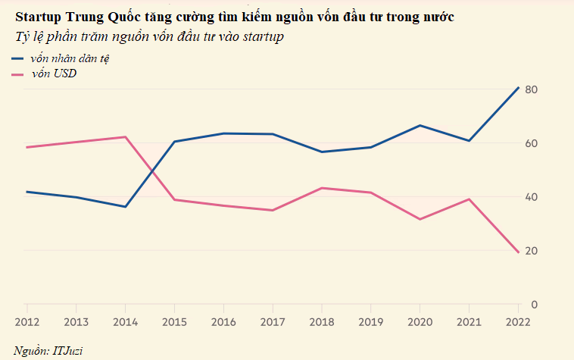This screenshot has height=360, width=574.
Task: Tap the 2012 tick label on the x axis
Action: [27, 321]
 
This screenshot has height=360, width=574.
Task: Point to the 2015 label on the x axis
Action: [174, 321]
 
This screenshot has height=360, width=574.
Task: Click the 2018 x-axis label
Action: [321, 321]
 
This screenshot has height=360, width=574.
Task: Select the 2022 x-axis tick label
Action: [518, 321]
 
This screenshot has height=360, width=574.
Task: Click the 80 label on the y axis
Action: [531, 89]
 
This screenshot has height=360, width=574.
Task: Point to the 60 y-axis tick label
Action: [531, 143]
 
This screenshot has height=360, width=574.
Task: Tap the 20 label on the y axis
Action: [531, 251]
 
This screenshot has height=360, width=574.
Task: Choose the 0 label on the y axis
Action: [534, 305]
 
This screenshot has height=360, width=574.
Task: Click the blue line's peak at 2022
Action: [518, 88]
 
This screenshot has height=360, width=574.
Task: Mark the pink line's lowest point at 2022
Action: [518, 252]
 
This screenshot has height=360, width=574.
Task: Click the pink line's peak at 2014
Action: [125, 137]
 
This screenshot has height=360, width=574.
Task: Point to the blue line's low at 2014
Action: [125, 206]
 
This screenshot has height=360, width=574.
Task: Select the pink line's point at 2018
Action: [321, 188]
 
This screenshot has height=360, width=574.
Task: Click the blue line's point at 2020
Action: [420, 125]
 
